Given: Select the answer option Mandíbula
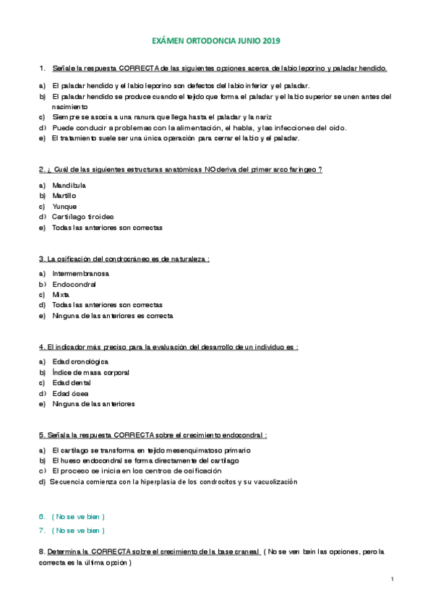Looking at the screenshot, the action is coord(69,185).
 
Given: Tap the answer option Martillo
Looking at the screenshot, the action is coord(64,195).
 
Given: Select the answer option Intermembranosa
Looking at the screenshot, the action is coord(81,274).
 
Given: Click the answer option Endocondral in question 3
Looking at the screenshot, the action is coord(74,284).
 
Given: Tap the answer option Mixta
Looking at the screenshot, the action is coord(61,295).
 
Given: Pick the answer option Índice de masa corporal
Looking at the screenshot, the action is coord(91,372).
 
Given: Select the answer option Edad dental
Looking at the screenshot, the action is coord(72,382).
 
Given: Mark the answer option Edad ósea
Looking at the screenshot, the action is coord(70,393).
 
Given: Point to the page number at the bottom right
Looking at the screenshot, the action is coord(391,579).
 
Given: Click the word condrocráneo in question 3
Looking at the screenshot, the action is coord(124,258).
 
